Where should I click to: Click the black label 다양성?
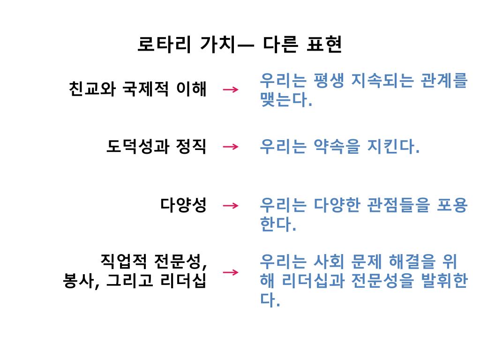click(183, 205)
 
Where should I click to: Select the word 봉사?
click(78, 281)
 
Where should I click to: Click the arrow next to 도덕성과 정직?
click(231, 147)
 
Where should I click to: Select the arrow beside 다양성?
click(231, 205)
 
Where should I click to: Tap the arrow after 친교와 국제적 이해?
click(231, 89)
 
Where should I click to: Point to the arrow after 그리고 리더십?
click(231, 272)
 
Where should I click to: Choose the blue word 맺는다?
click(285, 100)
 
